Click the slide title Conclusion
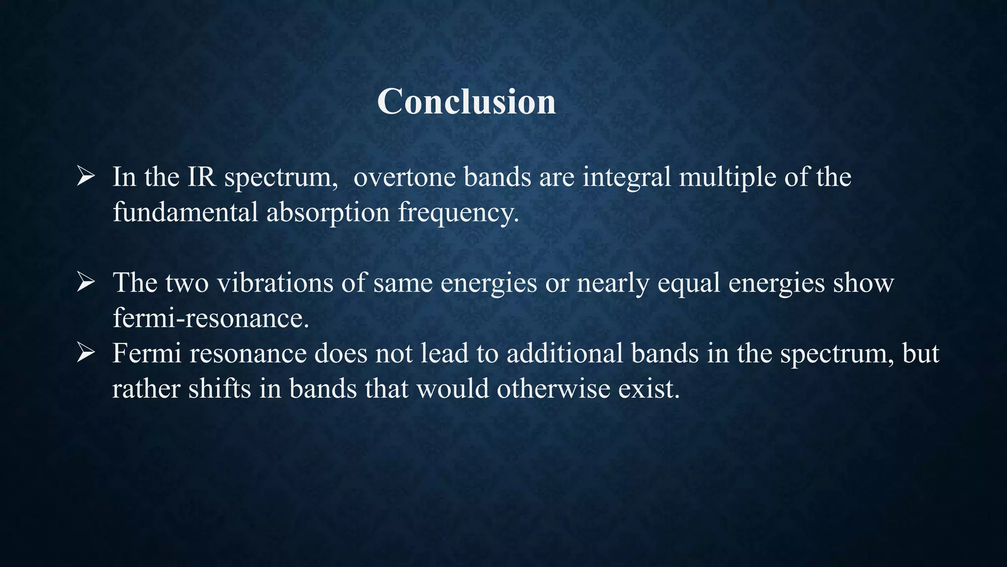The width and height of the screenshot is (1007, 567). click(x=466, y=101)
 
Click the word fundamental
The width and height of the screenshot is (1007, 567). click(x=185, y=212)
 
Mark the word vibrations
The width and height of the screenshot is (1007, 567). click(x=275, y=283)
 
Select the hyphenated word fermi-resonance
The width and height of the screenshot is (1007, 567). click(x=210, y=318)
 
